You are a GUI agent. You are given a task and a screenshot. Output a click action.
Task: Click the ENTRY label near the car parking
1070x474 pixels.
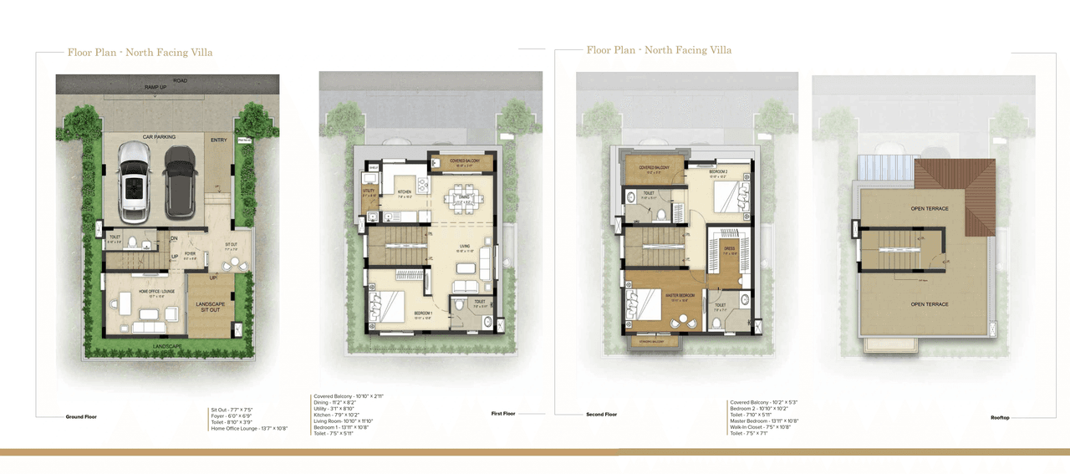pos(220,140)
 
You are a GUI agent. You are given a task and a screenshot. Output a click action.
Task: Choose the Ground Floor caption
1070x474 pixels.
pos(81,416)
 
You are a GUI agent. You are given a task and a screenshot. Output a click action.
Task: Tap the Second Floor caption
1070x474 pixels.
pos(601,414)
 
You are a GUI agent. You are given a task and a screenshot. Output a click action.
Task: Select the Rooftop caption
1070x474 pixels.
pos(1000,416)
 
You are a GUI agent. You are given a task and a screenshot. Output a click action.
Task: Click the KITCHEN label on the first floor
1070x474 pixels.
pos(405,192)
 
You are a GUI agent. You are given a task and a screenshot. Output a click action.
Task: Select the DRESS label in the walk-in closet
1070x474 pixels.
pos(729,248)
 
